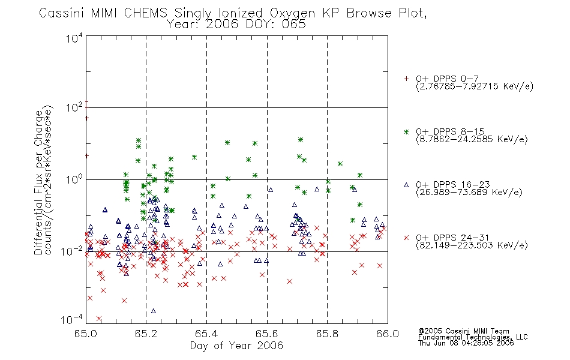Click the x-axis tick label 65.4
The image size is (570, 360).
(206, 334)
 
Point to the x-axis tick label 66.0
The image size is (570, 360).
(388, 334)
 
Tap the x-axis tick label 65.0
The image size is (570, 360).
(86, 334)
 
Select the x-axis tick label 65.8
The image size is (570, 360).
(327, 334)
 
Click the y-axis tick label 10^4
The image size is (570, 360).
(74, 38)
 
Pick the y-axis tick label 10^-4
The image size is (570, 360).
(72, 319)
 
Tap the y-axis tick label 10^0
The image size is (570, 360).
(74, 179)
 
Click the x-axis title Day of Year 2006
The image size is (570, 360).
(236, 346)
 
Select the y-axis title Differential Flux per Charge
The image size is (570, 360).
(38, 182)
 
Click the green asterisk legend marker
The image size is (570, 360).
(406, 132)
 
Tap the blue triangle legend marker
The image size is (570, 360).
(406, 185)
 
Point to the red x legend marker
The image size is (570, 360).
(406, 238)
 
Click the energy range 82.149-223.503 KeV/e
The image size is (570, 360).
(472, 245)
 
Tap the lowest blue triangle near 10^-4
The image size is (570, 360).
(154, 311)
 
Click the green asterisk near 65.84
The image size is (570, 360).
(340, 164)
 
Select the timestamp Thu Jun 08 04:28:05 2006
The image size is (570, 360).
(466, 343)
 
